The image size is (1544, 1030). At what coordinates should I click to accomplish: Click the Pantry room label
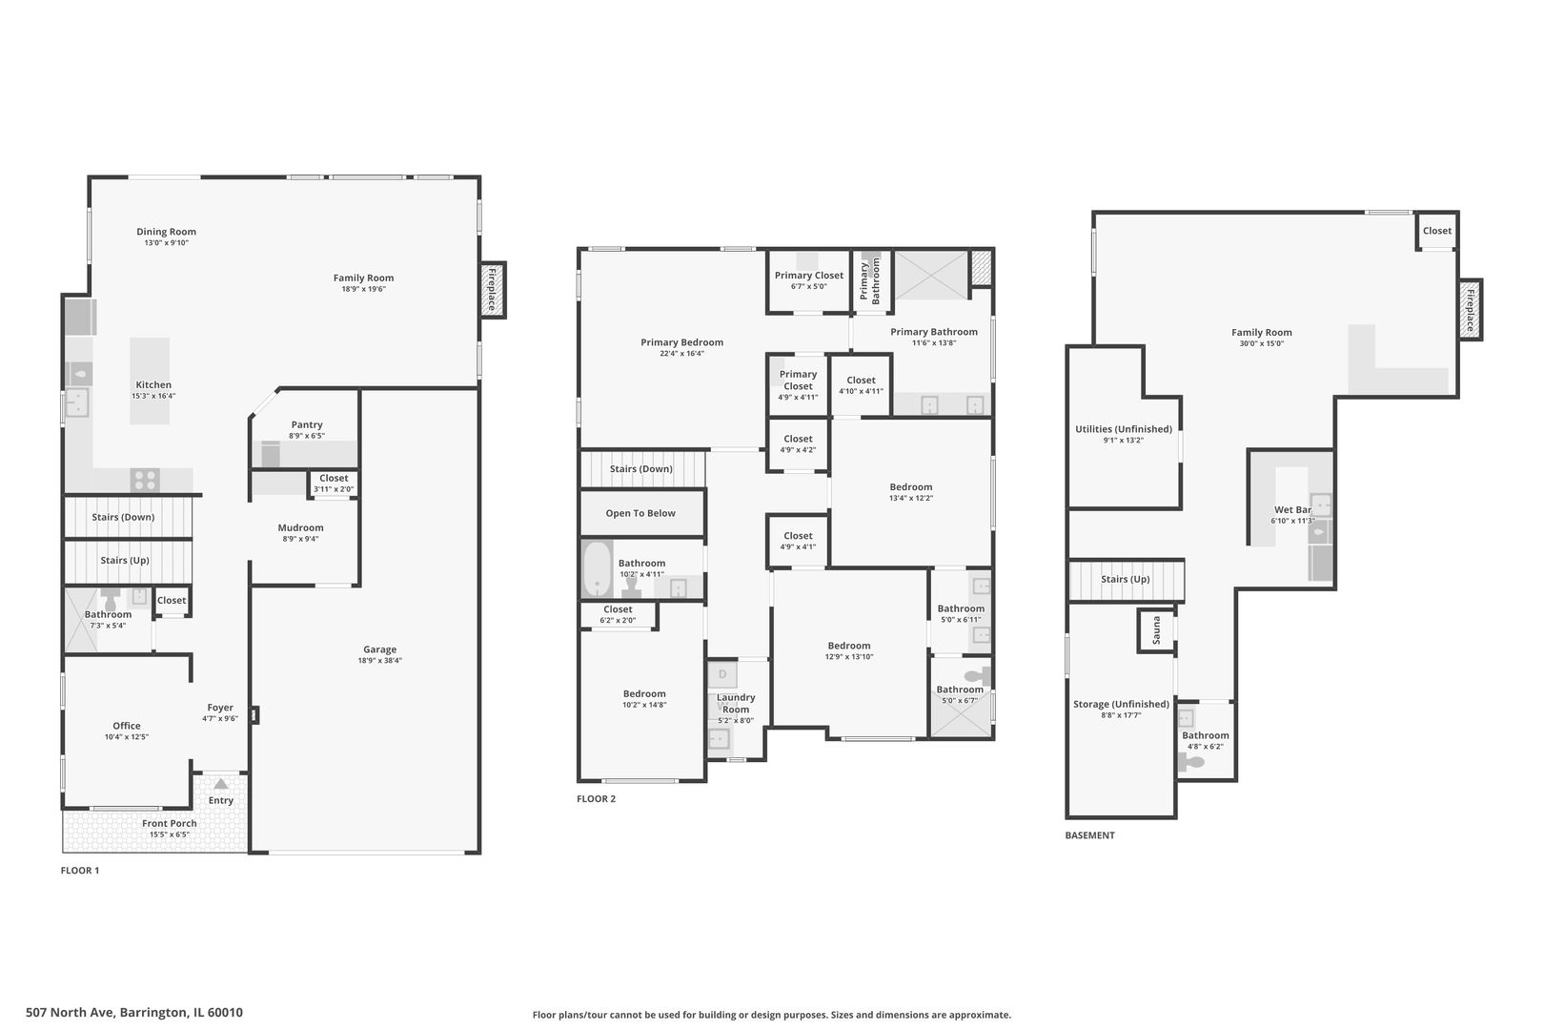[x=307, y=424]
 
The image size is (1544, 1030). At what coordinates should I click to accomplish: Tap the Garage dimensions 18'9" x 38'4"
[x=379, y=660]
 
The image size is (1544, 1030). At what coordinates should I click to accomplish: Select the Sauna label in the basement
[x=1156, y=629]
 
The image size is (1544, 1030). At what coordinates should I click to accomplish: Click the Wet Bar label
[x=1292, y=510]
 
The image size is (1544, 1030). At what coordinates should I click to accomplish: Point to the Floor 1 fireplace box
[x=493, y=290]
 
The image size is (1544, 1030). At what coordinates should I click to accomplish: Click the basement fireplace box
[x=1470, y=310]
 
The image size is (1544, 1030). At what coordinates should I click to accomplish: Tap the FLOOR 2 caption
[x=597, y=799]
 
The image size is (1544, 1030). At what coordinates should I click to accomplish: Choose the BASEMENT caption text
[x=1089, y=835]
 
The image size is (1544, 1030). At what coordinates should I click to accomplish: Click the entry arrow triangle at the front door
[x=220, y=784]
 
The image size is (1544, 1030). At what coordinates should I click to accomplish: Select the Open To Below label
[x=640, y=513]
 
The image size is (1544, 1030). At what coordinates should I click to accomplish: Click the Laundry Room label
[x=736, y=703]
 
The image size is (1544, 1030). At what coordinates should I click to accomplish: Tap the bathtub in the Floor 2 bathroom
[x=597, y=568]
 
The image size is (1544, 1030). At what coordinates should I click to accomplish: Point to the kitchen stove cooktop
[x=145, y=480]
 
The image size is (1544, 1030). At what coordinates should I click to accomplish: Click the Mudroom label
[x=300, y=527]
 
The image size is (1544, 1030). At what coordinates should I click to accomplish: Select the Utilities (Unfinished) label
[x=1124, y=429]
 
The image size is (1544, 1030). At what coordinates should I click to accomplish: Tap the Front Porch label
[x=170, y=823]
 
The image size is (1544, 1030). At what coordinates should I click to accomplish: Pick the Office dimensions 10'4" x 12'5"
[x=127, y=737]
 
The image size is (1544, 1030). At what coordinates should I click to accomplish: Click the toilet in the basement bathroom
[x=1191, y=762]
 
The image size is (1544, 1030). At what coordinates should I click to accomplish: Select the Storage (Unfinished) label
[x=1121, y=705]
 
